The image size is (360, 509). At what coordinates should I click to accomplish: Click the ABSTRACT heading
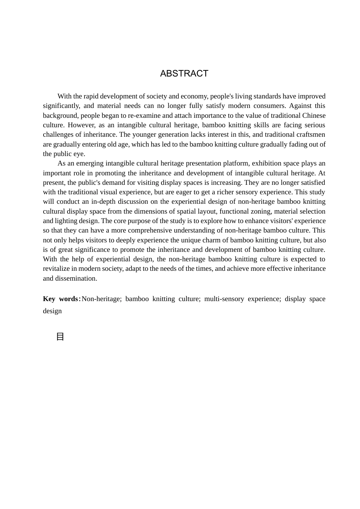[184, 73]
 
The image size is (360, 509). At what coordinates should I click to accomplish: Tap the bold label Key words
[61, 299]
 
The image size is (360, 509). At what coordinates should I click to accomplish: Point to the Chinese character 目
[60, 337]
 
